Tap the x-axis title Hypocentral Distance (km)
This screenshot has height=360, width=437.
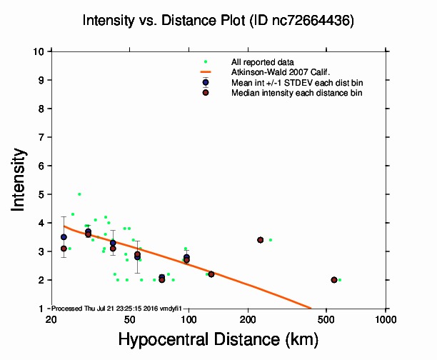click(x=218, y=339)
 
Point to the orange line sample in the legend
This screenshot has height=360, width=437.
click(x=206, y=72)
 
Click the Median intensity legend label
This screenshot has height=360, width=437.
click(x=286, y=92)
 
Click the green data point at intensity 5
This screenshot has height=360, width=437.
click(x=79, y=194)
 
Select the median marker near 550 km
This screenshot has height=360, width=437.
click(x=334, y=280)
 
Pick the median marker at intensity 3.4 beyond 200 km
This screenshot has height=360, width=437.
click(x=261, y=240)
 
